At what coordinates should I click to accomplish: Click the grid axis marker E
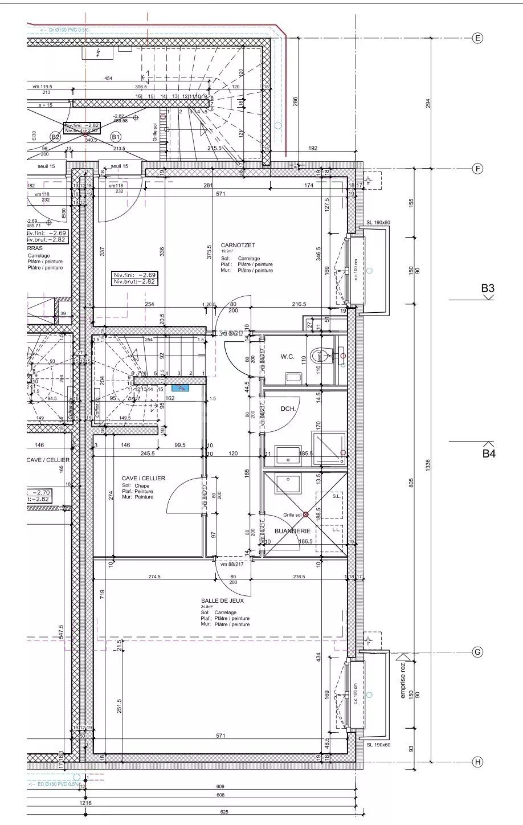pos(477,38)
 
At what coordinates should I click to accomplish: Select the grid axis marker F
pos(477,169)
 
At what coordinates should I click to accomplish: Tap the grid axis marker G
pos(477,652)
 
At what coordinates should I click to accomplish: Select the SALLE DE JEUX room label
pos(218,601)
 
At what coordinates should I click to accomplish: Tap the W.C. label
pos(287,357)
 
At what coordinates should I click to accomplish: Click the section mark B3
pos(487,289)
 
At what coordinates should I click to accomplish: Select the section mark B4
pos(489,454)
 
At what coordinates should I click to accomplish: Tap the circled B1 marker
pos(116,137)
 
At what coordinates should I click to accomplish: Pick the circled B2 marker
pos(55,137)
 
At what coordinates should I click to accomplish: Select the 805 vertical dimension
pos(411,481)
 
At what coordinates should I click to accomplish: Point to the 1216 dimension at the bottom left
pos(85,803)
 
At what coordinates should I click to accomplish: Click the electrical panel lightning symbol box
pos(97,53)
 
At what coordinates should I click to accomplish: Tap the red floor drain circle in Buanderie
pos(306,514)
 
